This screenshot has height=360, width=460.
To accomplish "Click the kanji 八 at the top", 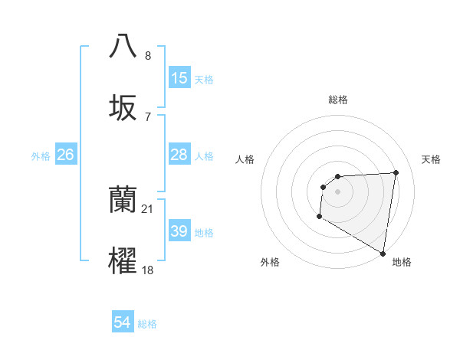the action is [x=123, y=45].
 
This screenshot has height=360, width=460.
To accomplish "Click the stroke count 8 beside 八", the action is [x=148, y=56].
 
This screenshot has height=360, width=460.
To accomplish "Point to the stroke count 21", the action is [x=148, y=209].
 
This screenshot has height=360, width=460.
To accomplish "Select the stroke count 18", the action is [x=148, y=270].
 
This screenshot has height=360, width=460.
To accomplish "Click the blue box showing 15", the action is [x=179, y=78].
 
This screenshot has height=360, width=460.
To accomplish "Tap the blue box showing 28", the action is [x=179, y=155].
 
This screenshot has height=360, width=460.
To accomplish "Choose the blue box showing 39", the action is [x=179, y=231].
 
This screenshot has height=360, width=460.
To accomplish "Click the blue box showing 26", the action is [x=65, y=155].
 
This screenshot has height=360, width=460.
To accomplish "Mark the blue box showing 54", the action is [x=123, y=323].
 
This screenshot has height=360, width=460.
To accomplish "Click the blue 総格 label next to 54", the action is [x=147, y=324].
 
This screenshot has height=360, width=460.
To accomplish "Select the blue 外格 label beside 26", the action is [x=41, y=156].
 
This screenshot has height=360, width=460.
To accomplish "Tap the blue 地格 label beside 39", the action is [x=204, y=233].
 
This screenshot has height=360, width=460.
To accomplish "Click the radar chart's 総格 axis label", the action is [x=338, y=100].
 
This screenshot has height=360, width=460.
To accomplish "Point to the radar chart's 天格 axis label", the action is [x=432, y=159].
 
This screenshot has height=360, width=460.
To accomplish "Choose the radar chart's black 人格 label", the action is [x=245, y=159].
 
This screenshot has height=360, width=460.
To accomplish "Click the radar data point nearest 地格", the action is [x=383, y=254].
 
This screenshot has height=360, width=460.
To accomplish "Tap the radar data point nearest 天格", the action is [x=396, y=172].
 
